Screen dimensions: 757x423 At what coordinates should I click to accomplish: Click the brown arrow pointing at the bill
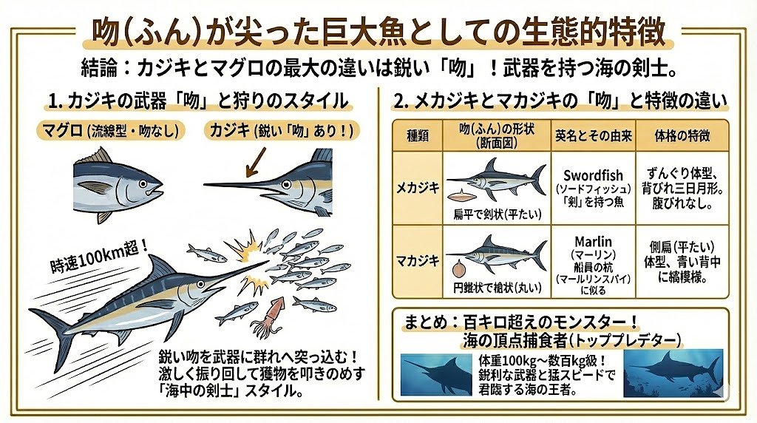tap(256, 162)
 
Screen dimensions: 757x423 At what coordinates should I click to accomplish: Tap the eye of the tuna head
tap(143, 184)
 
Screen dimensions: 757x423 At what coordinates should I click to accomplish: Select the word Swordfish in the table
tap(593, 175)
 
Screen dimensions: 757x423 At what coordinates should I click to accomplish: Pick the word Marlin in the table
tap(593, 241)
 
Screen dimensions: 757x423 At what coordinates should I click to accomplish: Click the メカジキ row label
tap(418, 188)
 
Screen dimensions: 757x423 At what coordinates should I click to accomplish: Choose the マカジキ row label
tap(418, 261)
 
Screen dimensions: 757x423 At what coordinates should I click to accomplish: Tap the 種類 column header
tap(418, 135)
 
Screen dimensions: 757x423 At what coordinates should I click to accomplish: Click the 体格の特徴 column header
tap(682, 135)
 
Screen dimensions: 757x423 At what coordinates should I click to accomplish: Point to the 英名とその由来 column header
tap(594, 135)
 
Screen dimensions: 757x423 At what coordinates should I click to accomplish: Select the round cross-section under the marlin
tap(459, 269)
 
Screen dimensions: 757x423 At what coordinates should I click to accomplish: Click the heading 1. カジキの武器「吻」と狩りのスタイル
tap(198, 101)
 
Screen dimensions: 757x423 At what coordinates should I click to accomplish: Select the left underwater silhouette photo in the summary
tap(436, 374)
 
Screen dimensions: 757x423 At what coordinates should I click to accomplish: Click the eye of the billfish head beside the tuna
tap(287, 184)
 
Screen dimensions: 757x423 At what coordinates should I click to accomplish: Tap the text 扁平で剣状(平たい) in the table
tap(498, 214)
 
